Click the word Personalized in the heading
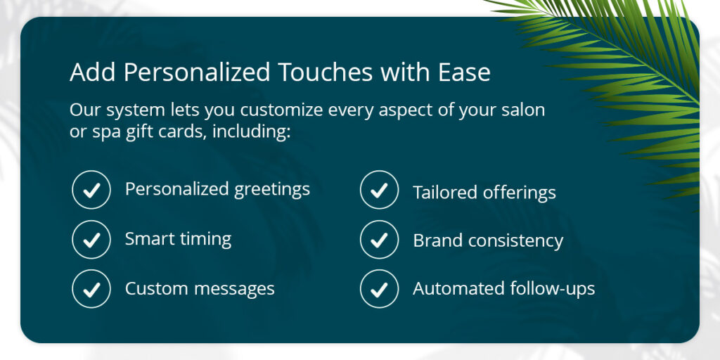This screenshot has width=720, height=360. (x=198, y=72)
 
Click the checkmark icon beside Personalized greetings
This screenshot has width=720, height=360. (x=91, y=190)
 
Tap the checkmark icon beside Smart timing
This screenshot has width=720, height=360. (x=91, y=239)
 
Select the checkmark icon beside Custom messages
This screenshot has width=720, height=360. (x=91, y=289)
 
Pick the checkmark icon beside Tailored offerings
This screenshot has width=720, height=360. (x=379, y=190)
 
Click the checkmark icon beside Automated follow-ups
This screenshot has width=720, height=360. (x=379, y=289)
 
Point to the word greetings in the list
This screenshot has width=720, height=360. (x=272, y=190)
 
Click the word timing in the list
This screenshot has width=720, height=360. (x=205, y=239)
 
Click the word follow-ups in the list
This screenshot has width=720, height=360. (x=553, y=289)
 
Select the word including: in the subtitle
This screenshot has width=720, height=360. (x=251, y=132)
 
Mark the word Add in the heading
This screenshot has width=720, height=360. (x=94, y=72)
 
